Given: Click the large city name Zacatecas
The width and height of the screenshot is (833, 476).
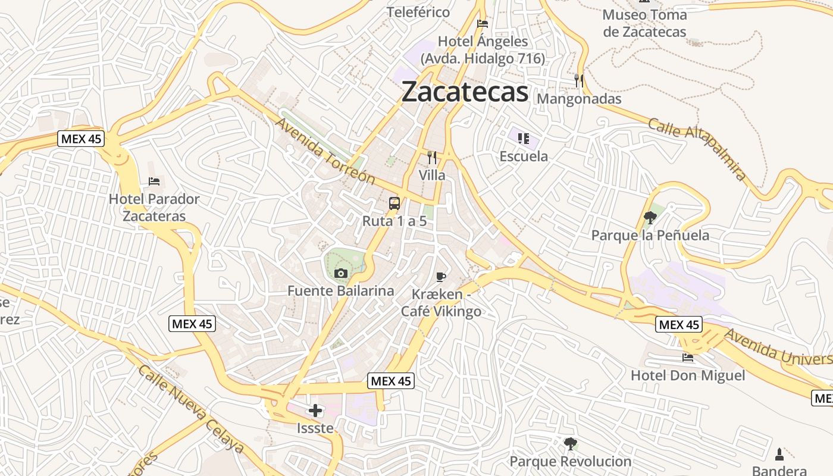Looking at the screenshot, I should (x=465, y=92).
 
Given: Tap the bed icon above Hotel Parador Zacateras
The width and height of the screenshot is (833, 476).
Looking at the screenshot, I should (x=154, y=181).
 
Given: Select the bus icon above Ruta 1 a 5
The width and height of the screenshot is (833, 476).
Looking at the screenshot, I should (x=394, y=203).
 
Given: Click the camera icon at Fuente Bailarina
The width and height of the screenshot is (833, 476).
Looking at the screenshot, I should (x=341, y=273).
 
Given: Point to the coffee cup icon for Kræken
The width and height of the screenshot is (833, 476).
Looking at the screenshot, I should (x=440, y=277).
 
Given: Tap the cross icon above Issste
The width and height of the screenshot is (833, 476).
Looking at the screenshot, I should (x=315, y=411).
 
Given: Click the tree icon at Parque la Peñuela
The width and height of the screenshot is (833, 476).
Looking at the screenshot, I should (x=650, y=218).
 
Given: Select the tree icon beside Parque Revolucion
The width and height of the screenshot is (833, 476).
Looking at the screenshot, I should (x=570, y=443).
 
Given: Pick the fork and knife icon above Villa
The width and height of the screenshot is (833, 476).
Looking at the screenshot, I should (x=432, y=158).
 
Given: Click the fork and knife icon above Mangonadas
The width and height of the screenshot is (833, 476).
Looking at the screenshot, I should (x=578, y=81).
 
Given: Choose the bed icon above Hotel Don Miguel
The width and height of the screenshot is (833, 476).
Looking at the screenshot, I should (x=688, y=358).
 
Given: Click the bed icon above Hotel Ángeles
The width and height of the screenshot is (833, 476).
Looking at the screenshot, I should (x=483, y=24).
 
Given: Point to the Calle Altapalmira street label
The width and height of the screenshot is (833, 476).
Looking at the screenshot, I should (x=697, y=149).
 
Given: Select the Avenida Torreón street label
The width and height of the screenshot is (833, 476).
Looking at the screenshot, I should (x=325, y=151).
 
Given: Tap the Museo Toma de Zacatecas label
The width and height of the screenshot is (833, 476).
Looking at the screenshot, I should (x=644, y=23).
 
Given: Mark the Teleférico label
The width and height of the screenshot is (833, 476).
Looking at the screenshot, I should (x=418, y=12).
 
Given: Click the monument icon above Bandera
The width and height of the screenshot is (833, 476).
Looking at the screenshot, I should (x=779, y=455).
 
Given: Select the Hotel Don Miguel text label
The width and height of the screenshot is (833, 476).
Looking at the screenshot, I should (x=688, y=375).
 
